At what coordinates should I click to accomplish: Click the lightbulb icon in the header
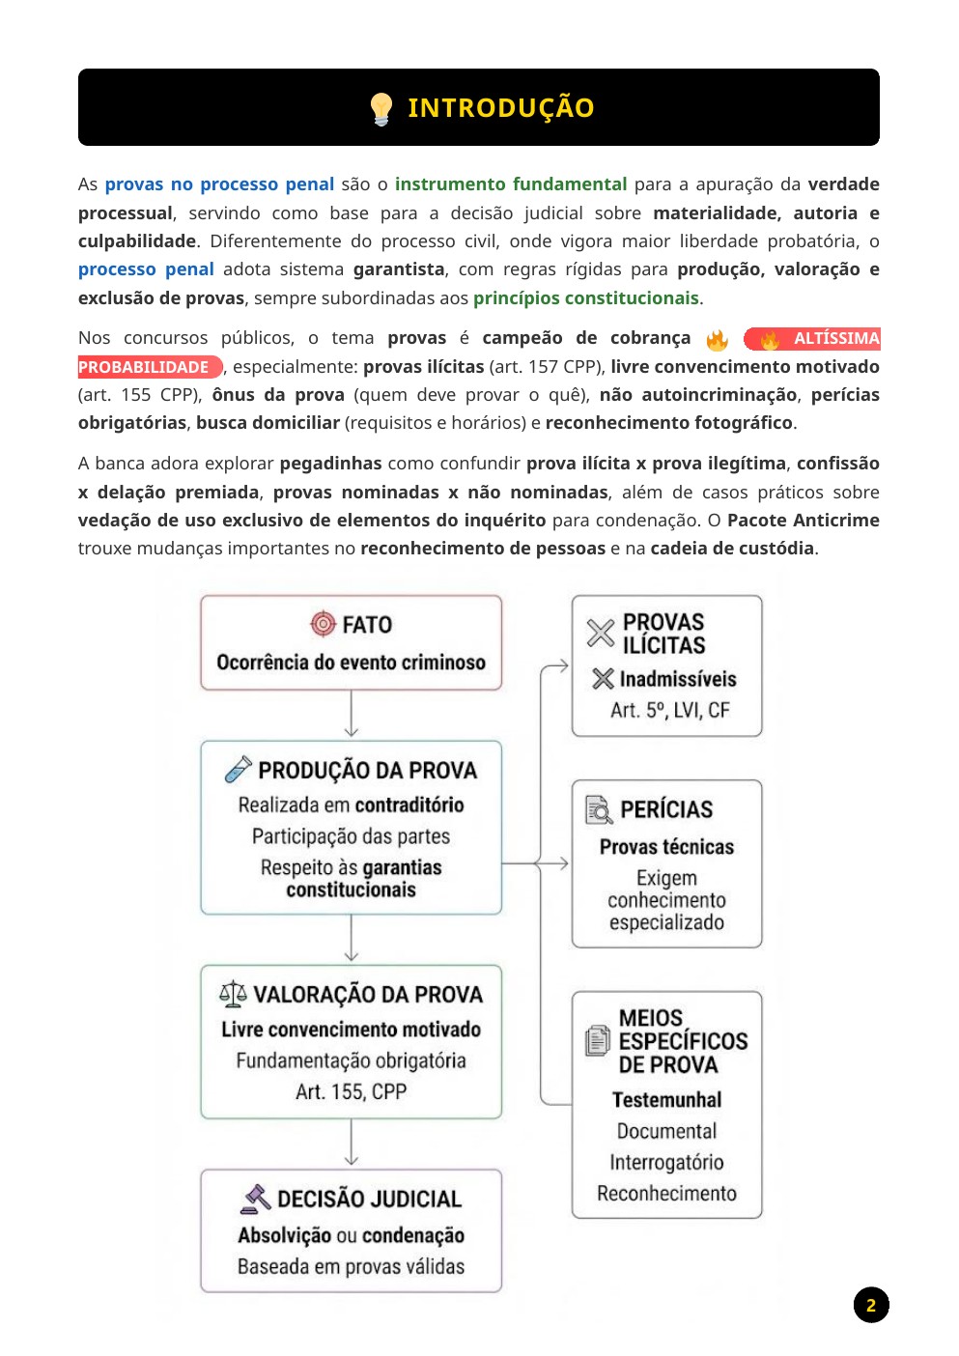tap(381, 108)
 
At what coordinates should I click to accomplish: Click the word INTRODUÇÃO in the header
tap(500, 108)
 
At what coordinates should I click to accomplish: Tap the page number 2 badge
tap(870, 1305)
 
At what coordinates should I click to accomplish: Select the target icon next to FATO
tap(323, 624)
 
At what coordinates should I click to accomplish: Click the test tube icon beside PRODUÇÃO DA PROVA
tap(238, 769)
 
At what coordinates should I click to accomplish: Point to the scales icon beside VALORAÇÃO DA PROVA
tap(233, 993)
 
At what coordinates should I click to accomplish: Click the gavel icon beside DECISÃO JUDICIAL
tap(256, 1199)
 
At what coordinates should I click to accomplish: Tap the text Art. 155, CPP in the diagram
tap(351, 1091)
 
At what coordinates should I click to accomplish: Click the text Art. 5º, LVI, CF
tap(669, 710)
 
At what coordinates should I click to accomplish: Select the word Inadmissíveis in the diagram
tap(677, 679)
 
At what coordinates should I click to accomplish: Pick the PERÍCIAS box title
tap(666, 809)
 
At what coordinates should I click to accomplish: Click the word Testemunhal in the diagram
tap(666, 1100)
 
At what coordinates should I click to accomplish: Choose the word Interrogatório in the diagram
tap(666, 1162)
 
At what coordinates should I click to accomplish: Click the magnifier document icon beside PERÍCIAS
tap(599, 809)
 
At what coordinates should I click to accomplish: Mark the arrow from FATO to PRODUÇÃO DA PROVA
tap(352, 716)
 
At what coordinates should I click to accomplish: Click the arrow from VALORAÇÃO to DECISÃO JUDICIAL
tap(352, 1144)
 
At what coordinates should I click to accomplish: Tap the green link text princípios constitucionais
tap(585, 297)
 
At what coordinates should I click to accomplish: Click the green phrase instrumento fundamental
tap(511, 184)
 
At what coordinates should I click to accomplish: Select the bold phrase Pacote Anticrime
tap(803, 520)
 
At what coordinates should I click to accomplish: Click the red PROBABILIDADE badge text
tap(144, 367)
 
